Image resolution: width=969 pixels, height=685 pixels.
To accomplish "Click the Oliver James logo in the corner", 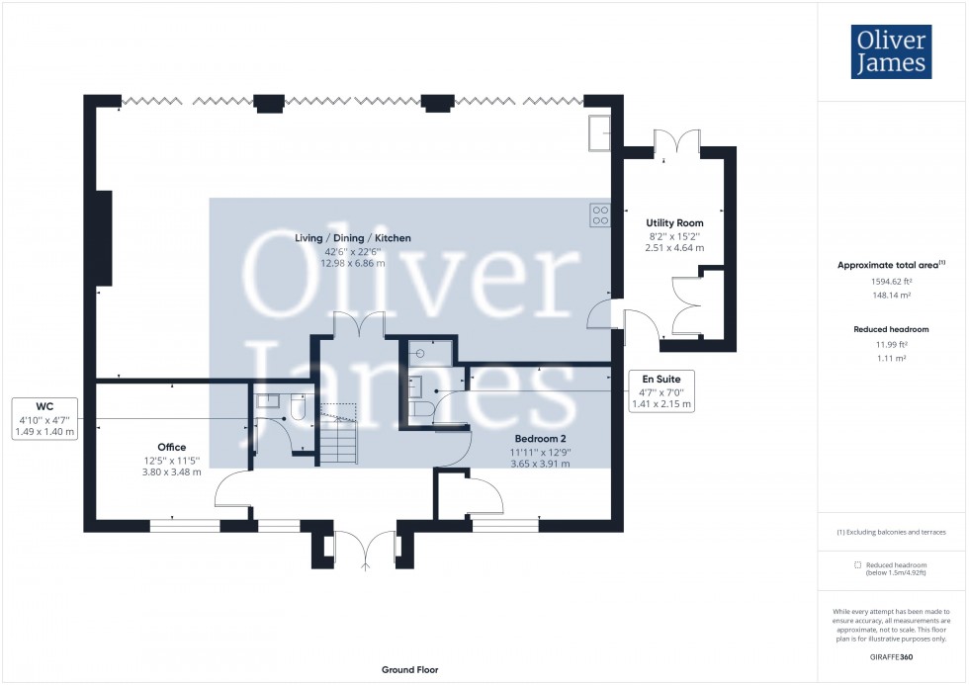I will (x=890, y=51).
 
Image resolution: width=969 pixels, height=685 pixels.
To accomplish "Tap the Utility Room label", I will (x=674, y=223).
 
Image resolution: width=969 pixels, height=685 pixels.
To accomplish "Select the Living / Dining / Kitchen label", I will (x=353, y=238).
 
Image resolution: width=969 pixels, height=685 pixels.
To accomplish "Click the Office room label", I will (x=171, y=448).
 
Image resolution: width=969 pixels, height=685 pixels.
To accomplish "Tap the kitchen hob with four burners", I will (x=599, y=214).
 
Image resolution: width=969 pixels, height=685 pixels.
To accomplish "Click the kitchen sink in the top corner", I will (x=599, y=132).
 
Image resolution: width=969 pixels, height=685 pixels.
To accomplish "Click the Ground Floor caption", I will (x=409, y=670).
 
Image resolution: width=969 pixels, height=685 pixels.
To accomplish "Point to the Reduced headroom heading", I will (x=891, y=329).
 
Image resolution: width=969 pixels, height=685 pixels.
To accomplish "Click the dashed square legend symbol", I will (x=856, y=564).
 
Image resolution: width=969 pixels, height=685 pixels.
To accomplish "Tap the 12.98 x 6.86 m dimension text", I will (x=354, y=263).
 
